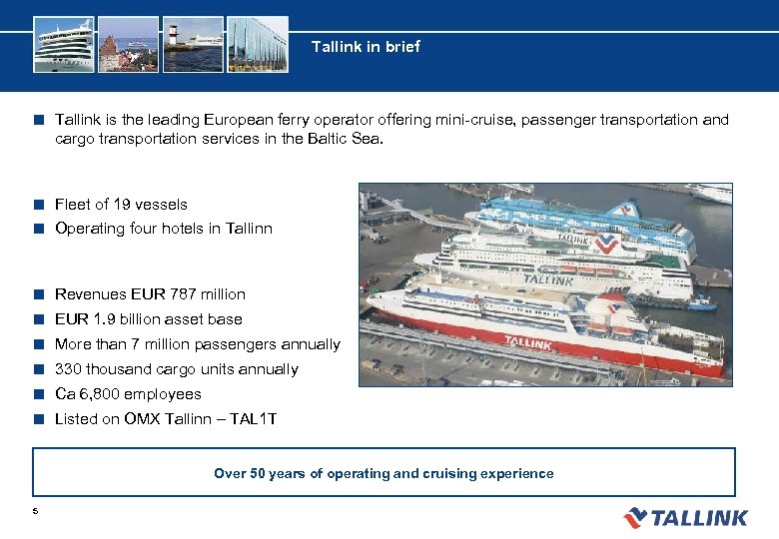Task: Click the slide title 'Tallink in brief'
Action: (366, 47)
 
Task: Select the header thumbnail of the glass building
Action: (257, 44)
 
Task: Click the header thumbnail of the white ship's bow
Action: (63, 44)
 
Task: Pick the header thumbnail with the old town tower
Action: (128, 44)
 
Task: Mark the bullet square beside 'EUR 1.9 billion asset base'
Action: (37, 319)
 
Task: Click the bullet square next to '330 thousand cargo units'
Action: (37, 369)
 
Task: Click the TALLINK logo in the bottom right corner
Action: (685, 517)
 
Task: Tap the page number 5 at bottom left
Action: (35, 511)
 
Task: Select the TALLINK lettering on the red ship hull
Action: (527, 342)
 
